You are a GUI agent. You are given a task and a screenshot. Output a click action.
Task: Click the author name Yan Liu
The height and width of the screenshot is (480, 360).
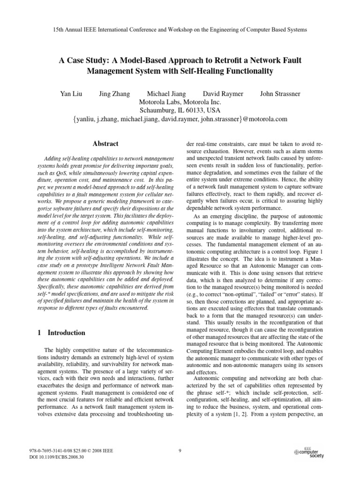coord(71,94)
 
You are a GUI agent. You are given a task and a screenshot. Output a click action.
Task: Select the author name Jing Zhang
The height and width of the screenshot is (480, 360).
coord(115,94)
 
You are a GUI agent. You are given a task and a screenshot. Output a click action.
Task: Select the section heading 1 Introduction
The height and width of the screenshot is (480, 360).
coord(61,333)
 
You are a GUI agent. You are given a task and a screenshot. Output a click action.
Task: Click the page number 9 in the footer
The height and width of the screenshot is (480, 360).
coord(180,451)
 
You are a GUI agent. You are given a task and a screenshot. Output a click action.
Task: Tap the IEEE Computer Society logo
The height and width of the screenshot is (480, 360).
coord(309,452)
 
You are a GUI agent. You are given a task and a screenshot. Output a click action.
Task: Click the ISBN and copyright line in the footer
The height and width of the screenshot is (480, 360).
coord(71,451)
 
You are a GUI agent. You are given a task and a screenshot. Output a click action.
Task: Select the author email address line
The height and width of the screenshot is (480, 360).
coord(180,119)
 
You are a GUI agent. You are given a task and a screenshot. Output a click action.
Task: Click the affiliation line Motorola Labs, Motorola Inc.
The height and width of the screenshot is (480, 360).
coord(180,102)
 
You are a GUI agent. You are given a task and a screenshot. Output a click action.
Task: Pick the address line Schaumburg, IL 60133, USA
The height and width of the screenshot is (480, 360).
coord(180,111)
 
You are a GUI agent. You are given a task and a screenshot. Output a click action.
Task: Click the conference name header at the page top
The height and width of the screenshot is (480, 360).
coord(180,29)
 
